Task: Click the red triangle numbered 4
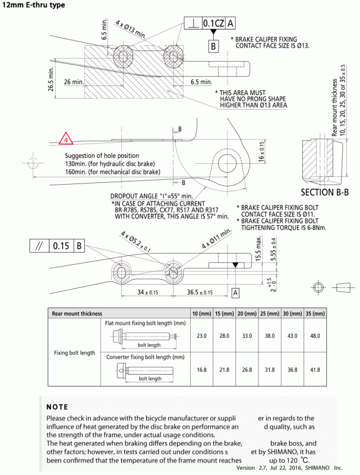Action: [x=66, y=141]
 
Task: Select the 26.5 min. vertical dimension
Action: [x=52, y=80]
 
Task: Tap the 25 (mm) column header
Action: [x=268, y=313]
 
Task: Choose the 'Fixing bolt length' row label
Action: [x=74, y=353]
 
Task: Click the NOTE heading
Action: [x=57, y=407]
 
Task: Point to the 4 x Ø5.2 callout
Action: [x=135, y=242]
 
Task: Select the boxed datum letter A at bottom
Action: [x=235, y=293]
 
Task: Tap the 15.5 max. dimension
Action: [x=258, y=249]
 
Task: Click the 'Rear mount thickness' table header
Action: [x=77, y=313]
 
